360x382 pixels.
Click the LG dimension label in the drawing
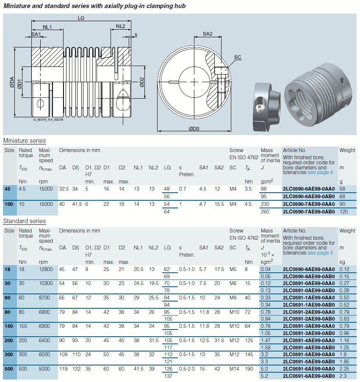pos(81,18)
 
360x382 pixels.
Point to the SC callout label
pos(238,57)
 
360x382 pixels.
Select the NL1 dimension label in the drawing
pos(47,27)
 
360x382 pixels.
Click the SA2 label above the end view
pos(208,34)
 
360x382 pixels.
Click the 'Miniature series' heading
pos(24,141)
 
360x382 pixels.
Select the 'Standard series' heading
pos(24,221)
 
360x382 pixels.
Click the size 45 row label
pos(8,189)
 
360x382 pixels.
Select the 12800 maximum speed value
pos(46,269)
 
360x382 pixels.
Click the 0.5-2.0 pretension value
pos(187,369)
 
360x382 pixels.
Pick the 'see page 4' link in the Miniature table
pos(320,172)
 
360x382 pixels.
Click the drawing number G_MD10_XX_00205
pos(48,120)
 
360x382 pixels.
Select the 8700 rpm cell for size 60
pos(44,298)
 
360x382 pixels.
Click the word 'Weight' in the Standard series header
pos(347,231)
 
